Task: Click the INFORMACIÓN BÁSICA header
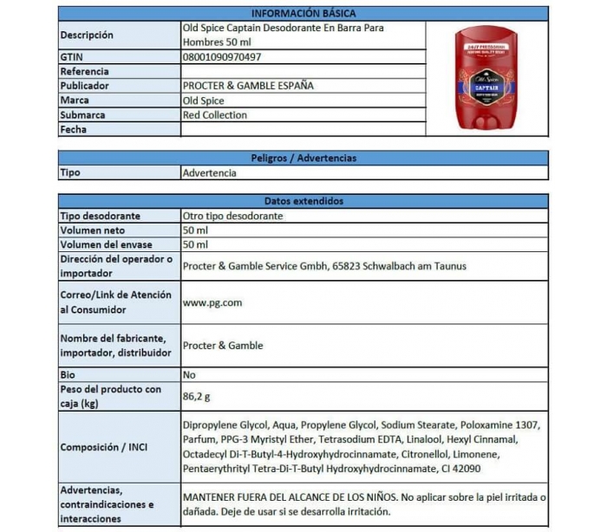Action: (303, 13)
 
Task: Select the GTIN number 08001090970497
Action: (222, 57)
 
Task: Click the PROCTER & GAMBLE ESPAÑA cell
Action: (248, 86)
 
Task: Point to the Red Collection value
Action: (215, 115)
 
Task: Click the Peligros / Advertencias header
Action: (303, 158)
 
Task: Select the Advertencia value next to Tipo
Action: (209, 172)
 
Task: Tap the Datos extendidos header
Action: (303, 200)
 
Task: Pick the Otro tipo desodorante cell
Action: (232, 215)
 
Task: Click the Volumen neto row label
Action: (93, 230)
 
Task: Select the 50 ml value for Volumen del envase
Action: (195, 244)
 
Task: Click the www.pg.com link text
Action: (212, 302)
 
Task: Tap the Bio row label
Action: (68, 375)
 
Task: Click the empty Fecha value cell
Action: (303, 130)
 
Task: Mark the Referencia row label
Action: (85, 72)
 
